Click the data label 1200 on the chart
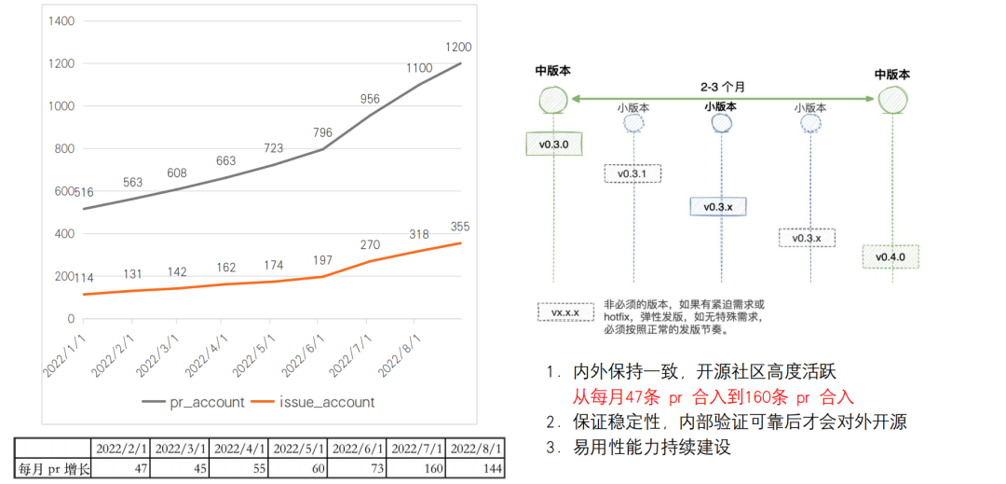click(458, 47)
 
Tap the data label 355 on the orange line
click(460, 226)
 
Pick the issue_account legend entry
click(315, 402)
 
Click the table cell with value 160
click(416, 468)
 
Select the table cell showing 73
click(359, 468)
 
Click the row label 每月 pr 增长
click(53, 468)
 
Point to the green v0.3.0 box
click(553, 145)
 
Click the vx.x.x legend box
click(565, 311)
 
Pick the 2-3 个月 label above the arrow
click(723, 86)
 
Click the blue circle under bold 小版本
click(720, 123)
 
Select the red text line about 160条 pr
click(713, 396)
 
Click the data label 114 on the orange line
click(84, 278)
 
